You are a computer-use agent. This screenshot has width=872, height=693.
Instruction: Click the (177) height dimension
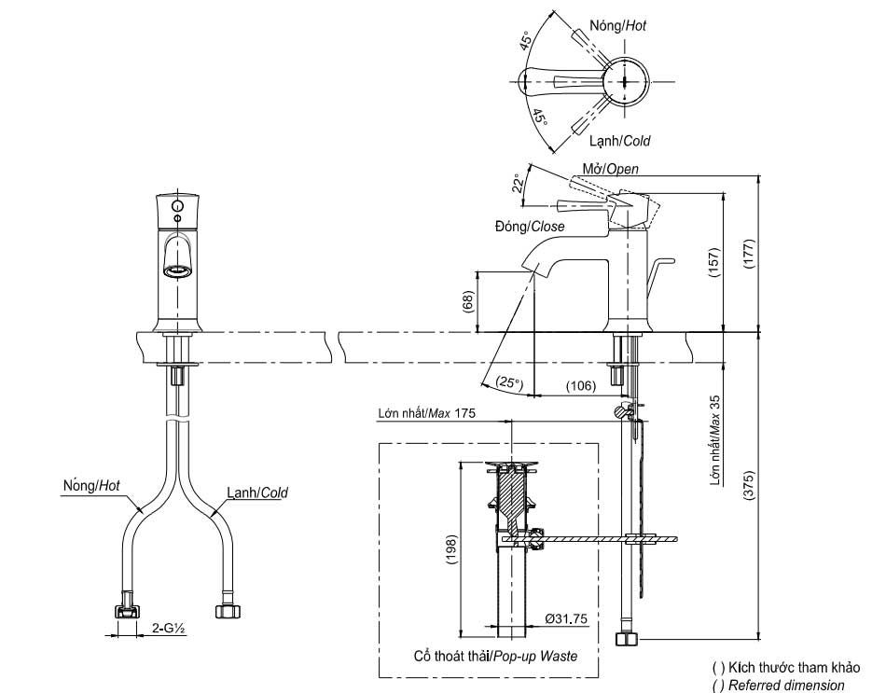749,255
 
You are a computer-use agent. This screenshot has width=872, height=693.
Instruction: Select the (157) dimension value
714,262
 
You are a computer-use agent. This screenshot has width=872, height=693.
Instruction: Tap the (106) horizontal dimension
581,385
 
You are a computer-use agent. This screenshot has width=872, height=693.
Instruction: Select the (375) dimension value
749,487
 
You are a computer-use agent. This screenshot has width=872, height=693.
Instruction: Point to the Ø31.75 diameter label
566,618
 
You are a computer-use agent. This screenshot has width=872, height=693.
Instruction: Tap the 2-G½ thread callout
169,629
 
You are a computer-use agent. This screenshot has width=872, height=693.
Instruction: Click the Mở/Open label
611,169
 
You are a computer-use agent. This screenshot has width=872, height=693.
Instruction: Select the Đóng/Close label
530,227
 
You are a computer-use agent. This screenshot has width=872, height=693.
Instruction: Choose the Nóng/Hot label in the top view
618,25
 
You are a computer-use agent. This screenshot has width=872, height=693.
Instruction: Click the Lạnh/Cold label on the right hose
257,492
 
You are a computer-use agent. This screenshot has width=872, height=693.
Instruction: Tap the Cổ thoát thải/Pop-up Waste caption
495,657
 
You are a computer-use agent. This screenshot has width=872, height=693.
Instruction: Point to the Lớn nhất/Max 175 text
426,413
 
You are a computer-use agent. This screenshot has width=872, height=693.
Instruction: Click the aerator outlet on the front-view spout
177,271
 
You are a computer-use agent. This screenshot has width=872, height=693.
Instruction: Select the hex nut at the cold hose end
228,611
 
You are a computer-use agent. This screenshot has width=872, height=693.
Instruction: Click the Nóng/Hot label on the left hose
91,486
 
